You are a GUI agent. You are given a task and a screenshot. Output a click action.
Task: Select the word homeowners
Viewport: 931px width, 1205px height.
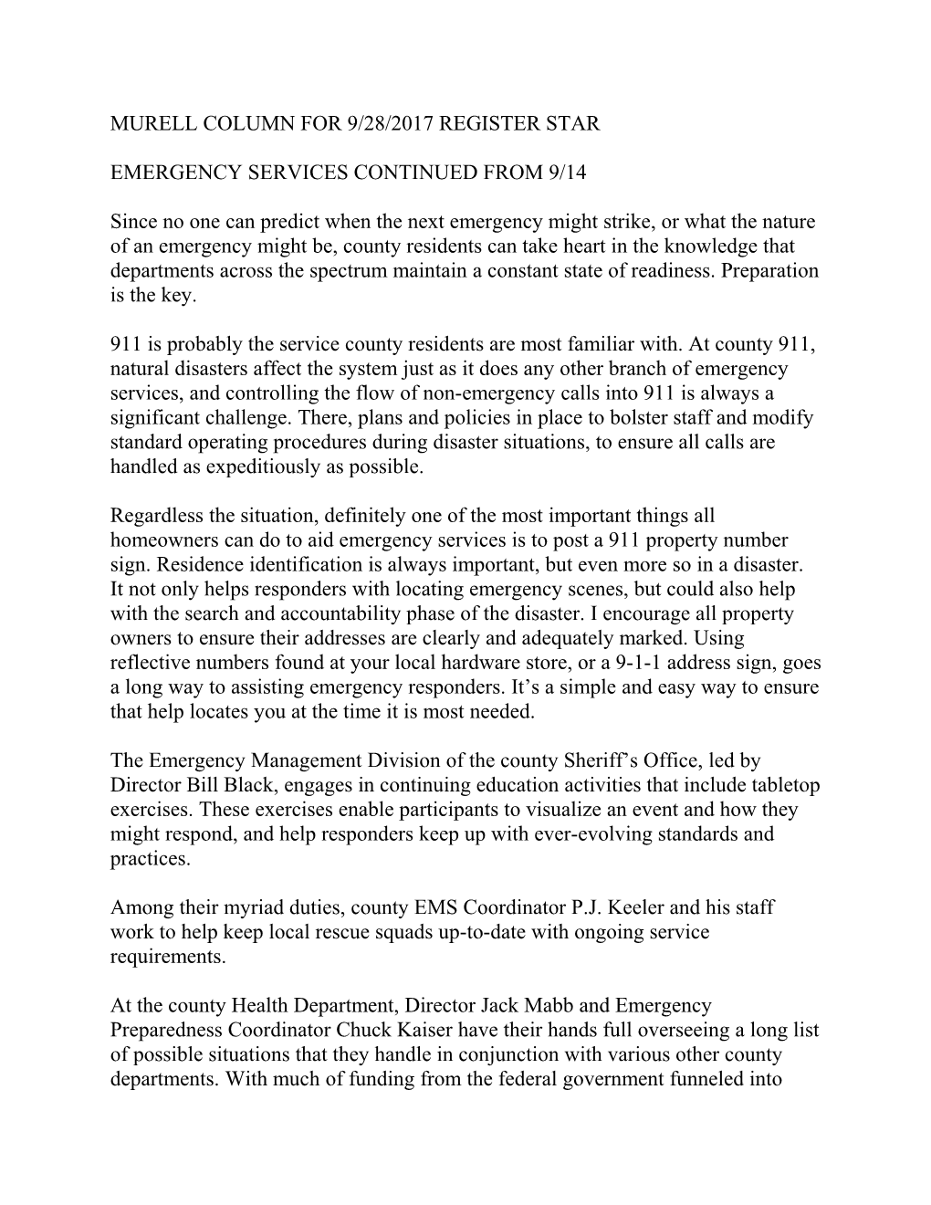coord(161,541)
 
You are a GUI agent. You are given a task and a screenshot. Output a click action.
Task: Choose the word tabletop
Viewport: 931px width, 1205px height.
coord(785,785)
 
